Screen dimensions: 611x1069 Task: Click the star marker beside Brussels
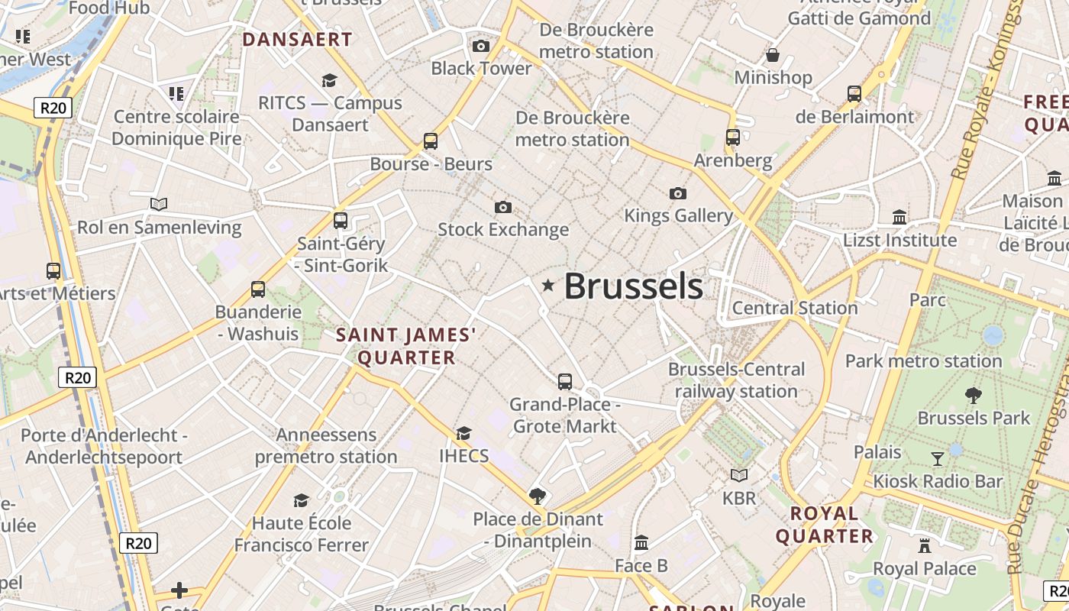pyautogui.click(x=547, y=286)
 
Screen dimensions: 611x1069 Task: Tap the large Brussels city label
pyautogui.click(x=633, y=286)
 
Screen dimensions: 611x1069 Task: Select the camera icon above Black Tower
pyautogui.click(x=481, y=46)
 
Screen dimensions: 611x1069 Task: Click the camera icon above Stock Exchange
pyautogui.click(x=503, y=207)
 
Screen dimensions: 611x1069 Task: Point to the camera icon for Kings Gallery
pyautogui.click(x=677, y=193)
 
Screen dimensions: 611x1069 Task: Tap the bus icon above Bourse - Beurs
pyautogui.click(x=431, y=141)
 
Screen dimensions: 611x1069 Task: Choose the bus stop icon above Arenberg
pyautogui.click(x=733, y=137)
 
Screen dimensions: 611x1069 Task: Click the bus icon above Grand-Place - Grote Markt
pyautogui.click(x=565, y=381)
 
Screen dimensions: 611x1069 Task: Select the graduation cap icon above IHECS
pyautogui.click(x=463, y=434)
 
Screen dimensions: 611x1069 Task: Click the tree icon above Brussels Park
pyautogui.click(x=974, y=396)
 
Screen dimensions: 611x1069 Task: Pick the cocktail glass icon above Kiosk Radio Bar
pyautogui.click(x=938, y=458)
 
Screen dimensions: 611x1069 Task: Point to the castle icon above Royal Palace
pyautogui.click(x=925, y=546)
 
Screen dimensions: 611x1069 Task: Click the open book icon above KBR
pyautogui.click(x=739, y=475)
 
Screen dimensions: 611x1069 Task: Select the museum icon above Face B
pyautogui.click(x=641, y=543)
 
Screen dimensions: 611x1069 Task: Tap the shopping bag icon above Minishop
pyautogui.click(x=773, y=55)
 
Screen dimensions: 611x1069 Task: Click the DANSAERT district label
pyautogui.click(x=297, y=40)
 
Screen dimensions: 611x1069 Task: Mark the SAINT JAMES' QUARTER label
pyautogui.click(x=406, y=346)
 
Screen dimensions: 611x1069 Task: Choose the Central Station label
pyautogui.click(x=795, y=308)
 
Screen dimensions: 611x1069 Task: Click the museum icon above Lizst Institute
pyautogui.click(x=899, y=217)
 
